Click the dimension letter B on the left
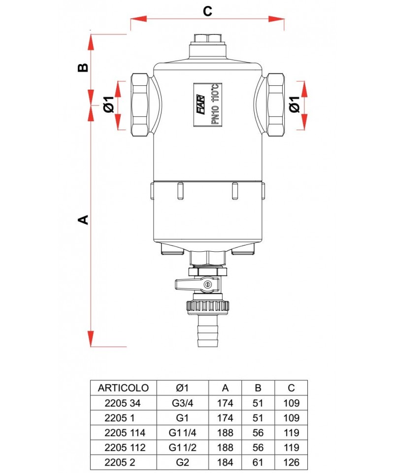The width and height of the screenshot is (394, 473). point(84,67)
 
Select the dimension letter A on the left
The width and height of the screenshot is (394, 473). point(84,219)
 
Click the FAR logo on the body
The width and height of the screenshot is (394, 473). point(201,104)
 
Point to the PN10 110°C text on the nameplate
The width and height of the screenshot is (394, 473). point(215,104)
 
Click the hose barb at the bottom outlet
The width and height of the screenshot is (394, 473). point(207,333)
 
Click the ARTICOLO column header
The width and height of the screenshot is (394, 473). point(123,387)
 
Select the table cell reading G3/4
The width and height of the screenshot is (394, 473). point(182,403)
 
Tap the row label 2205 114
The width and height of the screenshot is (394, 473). point(123,433)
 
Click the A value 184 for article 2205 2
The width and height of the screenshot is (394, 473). point(225,463)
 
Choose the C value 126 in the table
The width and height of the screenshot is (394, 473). point(292,463)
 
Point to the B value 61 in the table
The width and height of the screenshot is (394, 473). point(258,463)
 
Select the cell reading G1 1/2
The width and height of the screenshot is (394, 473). point(182,448)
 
